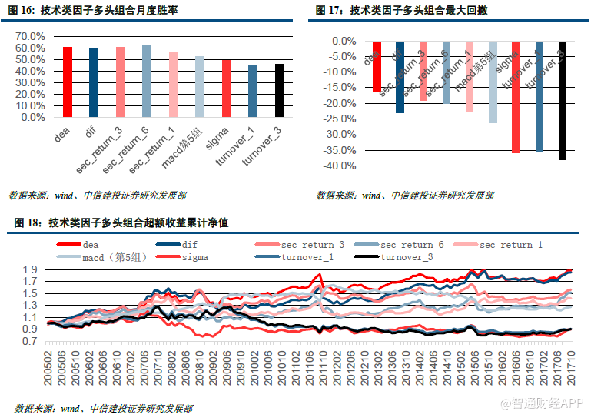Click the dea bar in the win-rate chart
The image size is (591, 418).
click(68, 82)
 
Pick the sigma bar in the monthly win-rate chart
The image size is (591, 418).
click(227, 89)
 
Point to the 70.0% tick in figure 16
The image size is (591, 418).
click(30, 36)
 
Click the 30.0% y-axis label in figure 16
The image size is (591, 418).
click(30, 83)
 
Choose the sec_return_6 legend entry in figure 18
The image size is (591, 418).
click(411, 245)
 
